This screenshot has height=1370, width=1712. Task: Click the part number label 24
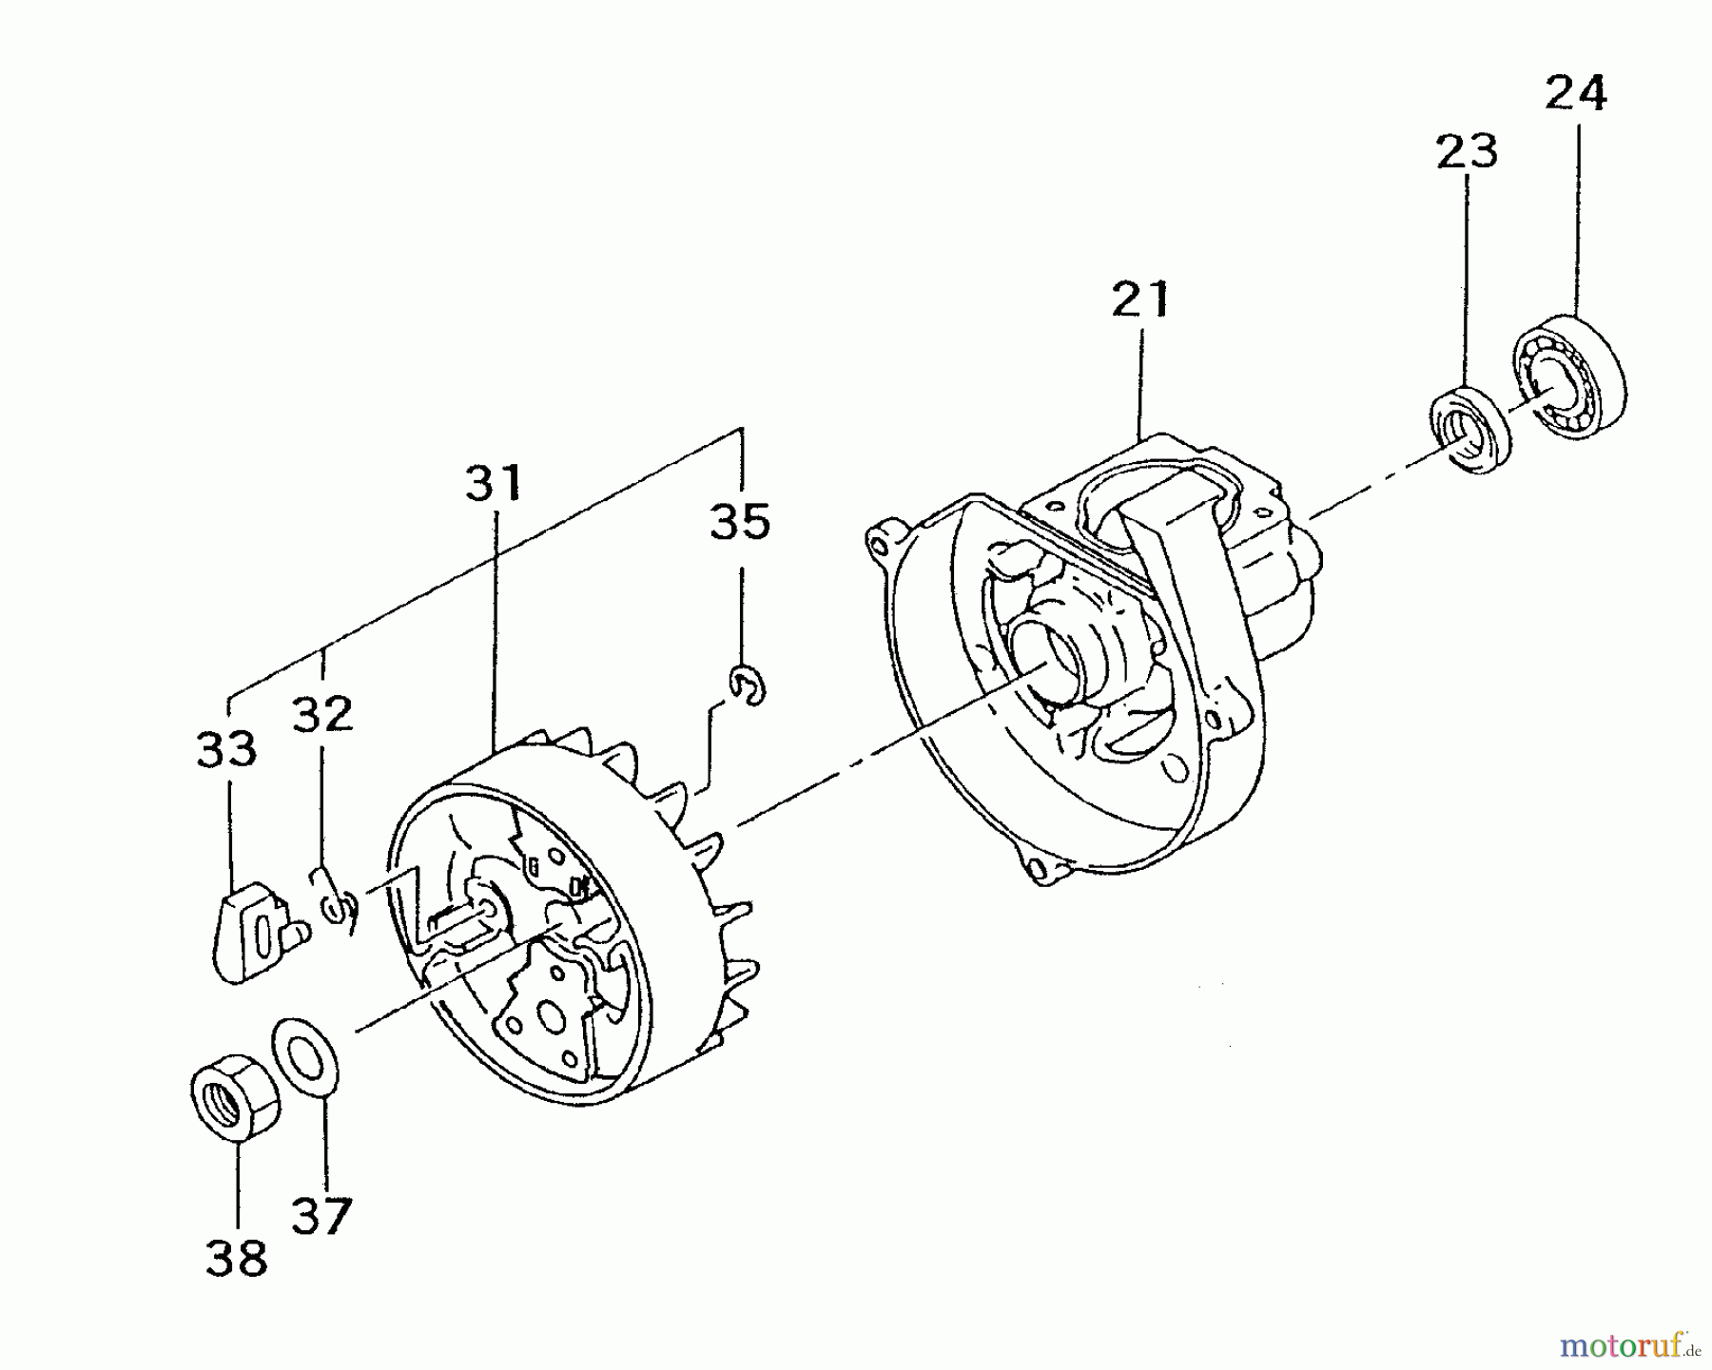tap(1576, 94)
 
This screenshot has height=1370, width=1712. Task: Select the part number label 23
tap(1467, 152)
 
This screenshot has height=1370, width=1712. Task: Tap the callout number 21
tap(1139, 299)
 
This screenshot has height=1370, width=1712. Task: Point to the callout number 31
tap(494, 483)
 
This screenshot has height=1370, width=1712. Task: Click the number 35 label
tap(740, 522)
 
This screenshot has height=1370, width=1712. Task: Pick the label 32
tap(322, 715)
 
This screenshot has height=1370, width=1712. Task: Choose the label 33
tap(226, 749)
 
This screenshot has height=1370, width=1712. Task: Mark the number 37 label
tap(321, 1215)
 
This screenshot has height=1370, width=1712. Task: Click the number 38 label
tap(236, 1260)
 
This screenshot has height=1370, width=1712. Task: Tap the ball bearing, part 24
tap(1566, 376)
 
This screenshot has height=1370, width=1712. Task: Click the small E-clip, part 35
tap(749, 685)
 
